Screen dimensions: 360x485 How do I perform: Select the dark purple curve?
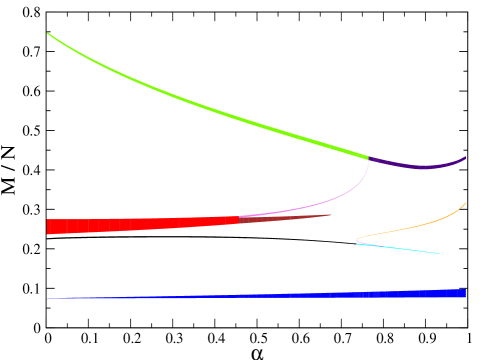coord(420,166)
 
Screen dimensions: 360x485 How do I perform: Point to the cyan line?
coord(400,248)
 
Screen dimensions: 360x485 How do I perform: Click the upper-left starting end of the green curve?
coord(48,34)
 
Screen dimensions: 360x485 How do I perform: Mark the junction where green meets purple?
coord(368,157)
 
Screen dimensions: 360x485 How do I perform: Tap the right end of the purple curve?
coord(465,157)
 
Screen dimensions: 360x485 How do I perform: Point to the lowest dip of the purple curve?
coord(425,167)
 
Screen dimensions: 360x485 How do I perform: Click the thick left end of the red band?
coord(48,227)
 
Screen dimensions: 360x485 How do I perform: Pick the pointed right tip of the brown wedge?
coord(330,214)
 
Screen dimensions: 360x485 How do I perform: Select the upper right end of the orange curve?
coord(465,203)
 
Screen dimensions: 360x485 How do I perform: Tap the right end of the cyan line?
coord(440,253)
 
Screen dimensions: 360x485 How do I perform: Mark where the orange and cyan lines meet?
coord(357,242)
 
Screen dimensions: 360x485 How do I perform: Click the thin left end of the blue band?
coord(48,298)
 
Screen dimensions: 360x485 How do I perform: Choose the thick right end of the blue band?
coord(464,293)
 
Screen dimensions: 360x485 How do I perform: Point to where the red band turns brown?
coord(239,219)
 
